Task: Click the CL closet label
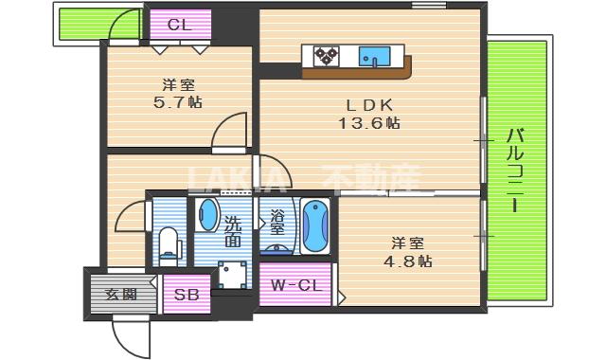(180, 26)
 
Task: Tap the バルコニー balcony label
(516, 171)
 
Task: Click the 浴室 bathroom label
(277, 222)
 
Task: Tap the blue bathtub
(314, 226)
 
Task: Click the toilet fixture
(169, 244)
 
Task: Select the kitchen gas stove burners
(326, 56)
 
